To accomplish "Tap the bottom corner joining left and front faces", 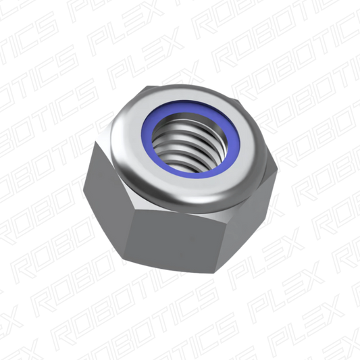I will pyautogui.click(x=126, y=259).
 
